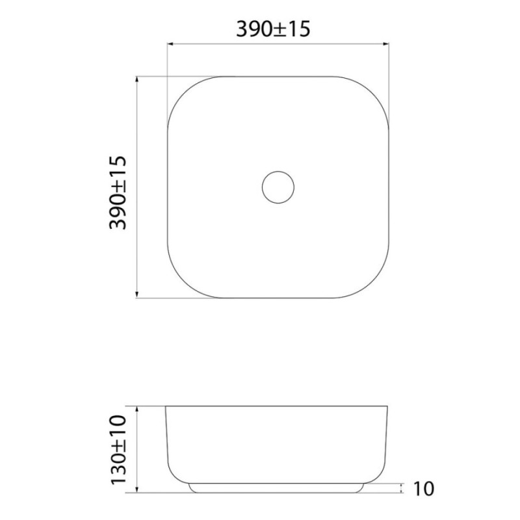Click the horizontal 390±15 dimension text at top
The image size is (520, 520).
pyautogui.click(x=273, y=29)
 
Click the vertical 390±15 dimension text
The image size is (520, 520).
pyautogui.click(x=118, y=192)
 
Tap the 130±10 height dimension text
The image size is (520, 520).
pyautogui.click(x=118, y=450)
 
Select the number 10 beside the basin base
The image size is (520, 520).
pyautogui.click(x=424, y=489)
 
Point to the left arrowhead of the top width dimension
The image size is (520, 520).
pyautogui.click(x=170, y=44)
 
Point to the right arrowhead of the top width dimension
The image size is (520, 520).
pyautogui.click(x=385, y=44)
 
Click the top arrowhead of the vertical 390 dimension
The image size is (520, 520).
pyautogui.click(x=137, y=79)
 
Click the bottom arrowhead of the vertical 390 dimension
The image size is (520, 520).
pyautogui.click(x=137, y=295)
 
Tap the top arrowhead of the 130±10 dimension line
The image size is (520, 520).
pyautogui.click(x=137, y=409)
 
